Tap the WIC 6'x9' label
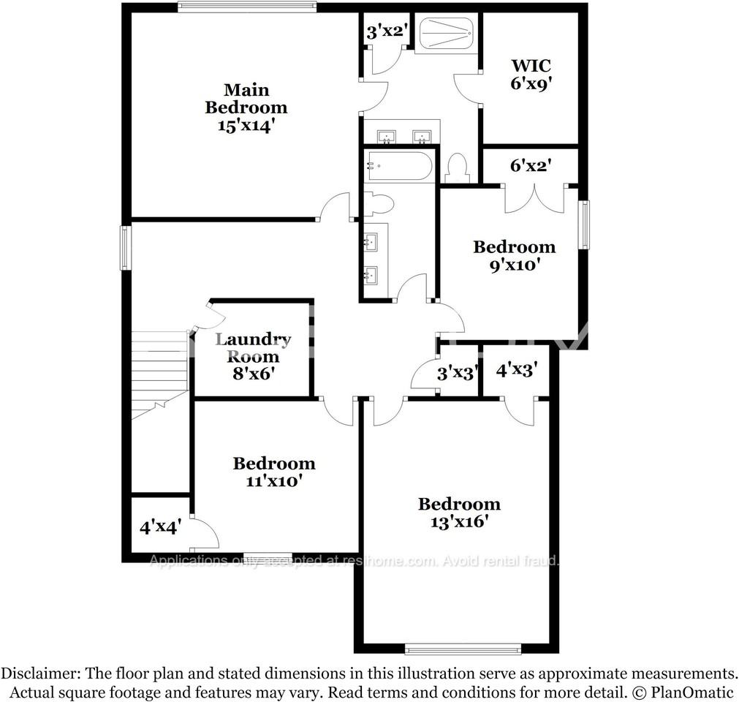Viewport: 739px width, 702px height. (530, 75)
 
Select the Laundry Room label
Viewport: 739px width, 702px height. (253, 348)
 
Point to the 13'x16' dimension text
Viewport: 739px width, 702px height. (459, 521)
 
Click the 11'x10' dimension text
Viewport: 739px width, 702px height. (274, 481)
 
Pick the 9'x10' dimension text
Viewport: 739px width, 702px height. (514, 265)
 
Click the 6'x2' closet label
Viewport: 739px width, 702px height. (530, 166)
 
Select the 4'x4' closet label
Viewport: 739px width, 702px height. (160, 526)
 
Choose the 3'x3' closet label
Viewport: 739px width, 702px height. (457, 372)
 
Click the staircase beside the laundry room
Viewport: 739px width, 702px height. (159, 373)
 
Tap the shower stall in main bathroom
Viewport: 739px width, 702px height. (445, 34)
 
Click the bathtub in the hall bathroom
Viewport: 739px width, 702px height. (398, 166)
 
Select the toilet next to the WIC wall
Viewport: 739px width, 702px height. (458, 168)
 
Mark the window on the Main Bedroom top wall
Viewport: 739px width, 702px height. (247, 7)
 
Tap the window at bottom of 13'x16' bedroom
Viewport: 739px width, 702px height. (463, 648)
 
